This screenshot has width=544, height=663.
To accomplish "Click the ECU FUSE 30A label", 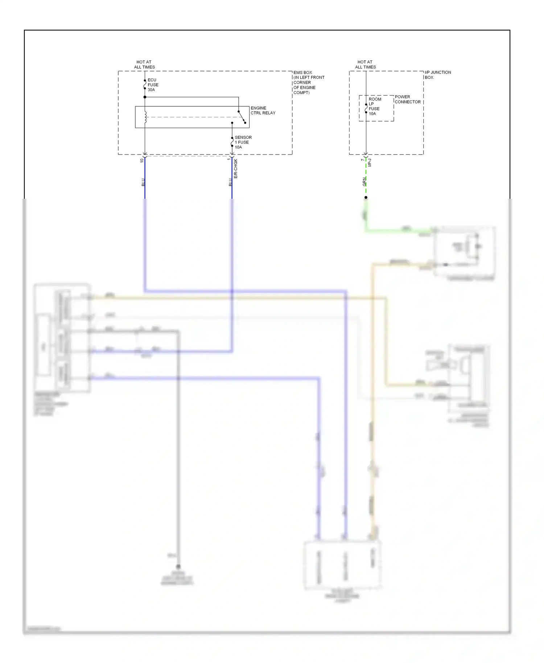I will point(152,85).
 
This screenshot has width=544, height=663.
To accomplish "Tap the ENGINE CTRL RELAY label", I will point(263,110).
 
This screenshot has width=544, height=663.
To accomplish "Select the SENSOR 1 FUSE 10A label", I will point(243,142).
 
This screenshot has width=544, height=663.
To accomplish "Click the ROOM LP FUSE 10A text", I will point(375,106).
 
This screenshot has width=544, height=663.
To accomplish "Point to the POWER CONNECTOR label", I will point(407,99).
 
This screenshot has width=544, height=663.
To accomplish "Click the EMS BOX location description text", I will point(308,82).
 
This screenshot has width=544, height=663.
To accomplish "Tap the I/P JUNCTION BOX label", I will point(437,75).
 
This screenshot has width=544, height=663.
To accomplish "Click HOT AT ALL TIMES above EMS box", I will point(144,65).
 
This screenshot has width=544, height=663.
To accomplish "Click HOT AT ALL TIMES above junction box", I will point(365,65).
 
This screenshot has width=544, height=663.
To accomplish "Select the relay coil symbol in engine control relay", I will point(145,117).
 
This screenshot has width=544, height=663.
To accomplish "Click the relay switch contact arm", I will point(242,117).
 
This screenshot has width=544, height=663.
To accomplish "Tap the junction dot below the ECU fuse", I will point(145,97).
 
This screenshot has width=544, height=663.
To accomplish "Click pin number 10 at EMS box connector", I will point(142,160).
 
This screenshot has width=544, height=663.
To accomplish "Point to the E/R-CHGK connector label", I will point(236,169).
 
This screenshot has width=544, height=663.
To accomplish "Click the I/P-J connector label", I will point(370,162).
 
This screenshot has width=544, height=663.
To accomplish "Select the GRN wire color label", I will point(364,182).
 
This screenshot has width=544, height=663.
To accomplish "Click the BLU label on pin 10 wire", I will point(143,182).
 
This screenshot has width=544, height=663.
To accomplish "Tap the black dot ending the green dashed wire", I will point(366,197).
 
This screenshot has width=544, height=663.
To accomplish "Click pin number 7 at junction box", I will point(362,160).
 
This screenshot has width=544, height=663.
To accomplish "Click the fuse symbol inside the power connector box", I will point(366,108).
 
